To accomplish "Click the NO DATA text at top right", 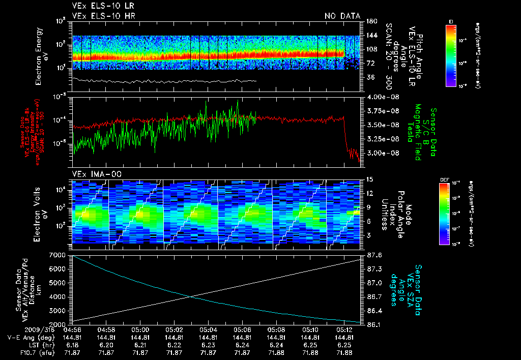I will tap(342, 16).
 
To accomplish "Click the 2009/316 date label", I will tap(20, 330).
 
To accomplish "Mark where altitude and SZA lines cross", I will tap(191, 297).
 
